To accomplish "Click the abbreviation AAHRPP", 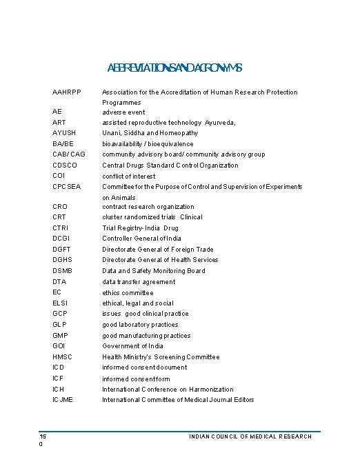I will coord(66,92).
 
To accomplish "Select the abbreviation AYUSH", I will coord(63,133).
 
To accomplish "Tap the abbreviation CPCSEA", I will coord(66,187).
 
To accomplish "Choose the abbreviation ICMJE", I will coord(63,400).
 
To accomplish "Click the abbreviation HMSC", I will coord(62,357).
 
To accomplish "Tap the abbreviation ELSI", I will coord(61,303).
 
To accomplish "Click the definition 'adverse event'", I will coord(123,112).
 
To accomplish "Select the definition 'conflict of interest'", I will coord(129,177).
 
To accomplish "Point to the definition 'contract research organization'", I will coord(148,207).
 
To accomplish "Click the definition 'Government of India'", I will coord(133,346).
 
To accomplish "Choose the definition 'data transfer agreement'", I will coord(139,282).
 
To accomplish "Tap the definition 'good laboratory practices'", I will coord(140,325).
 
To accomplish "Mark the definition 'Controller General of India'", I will coord(142,239).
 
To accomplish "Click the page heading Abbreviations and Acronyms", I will coord(174,68).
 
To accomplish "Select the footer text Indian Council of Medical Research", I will coord(250,436).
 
